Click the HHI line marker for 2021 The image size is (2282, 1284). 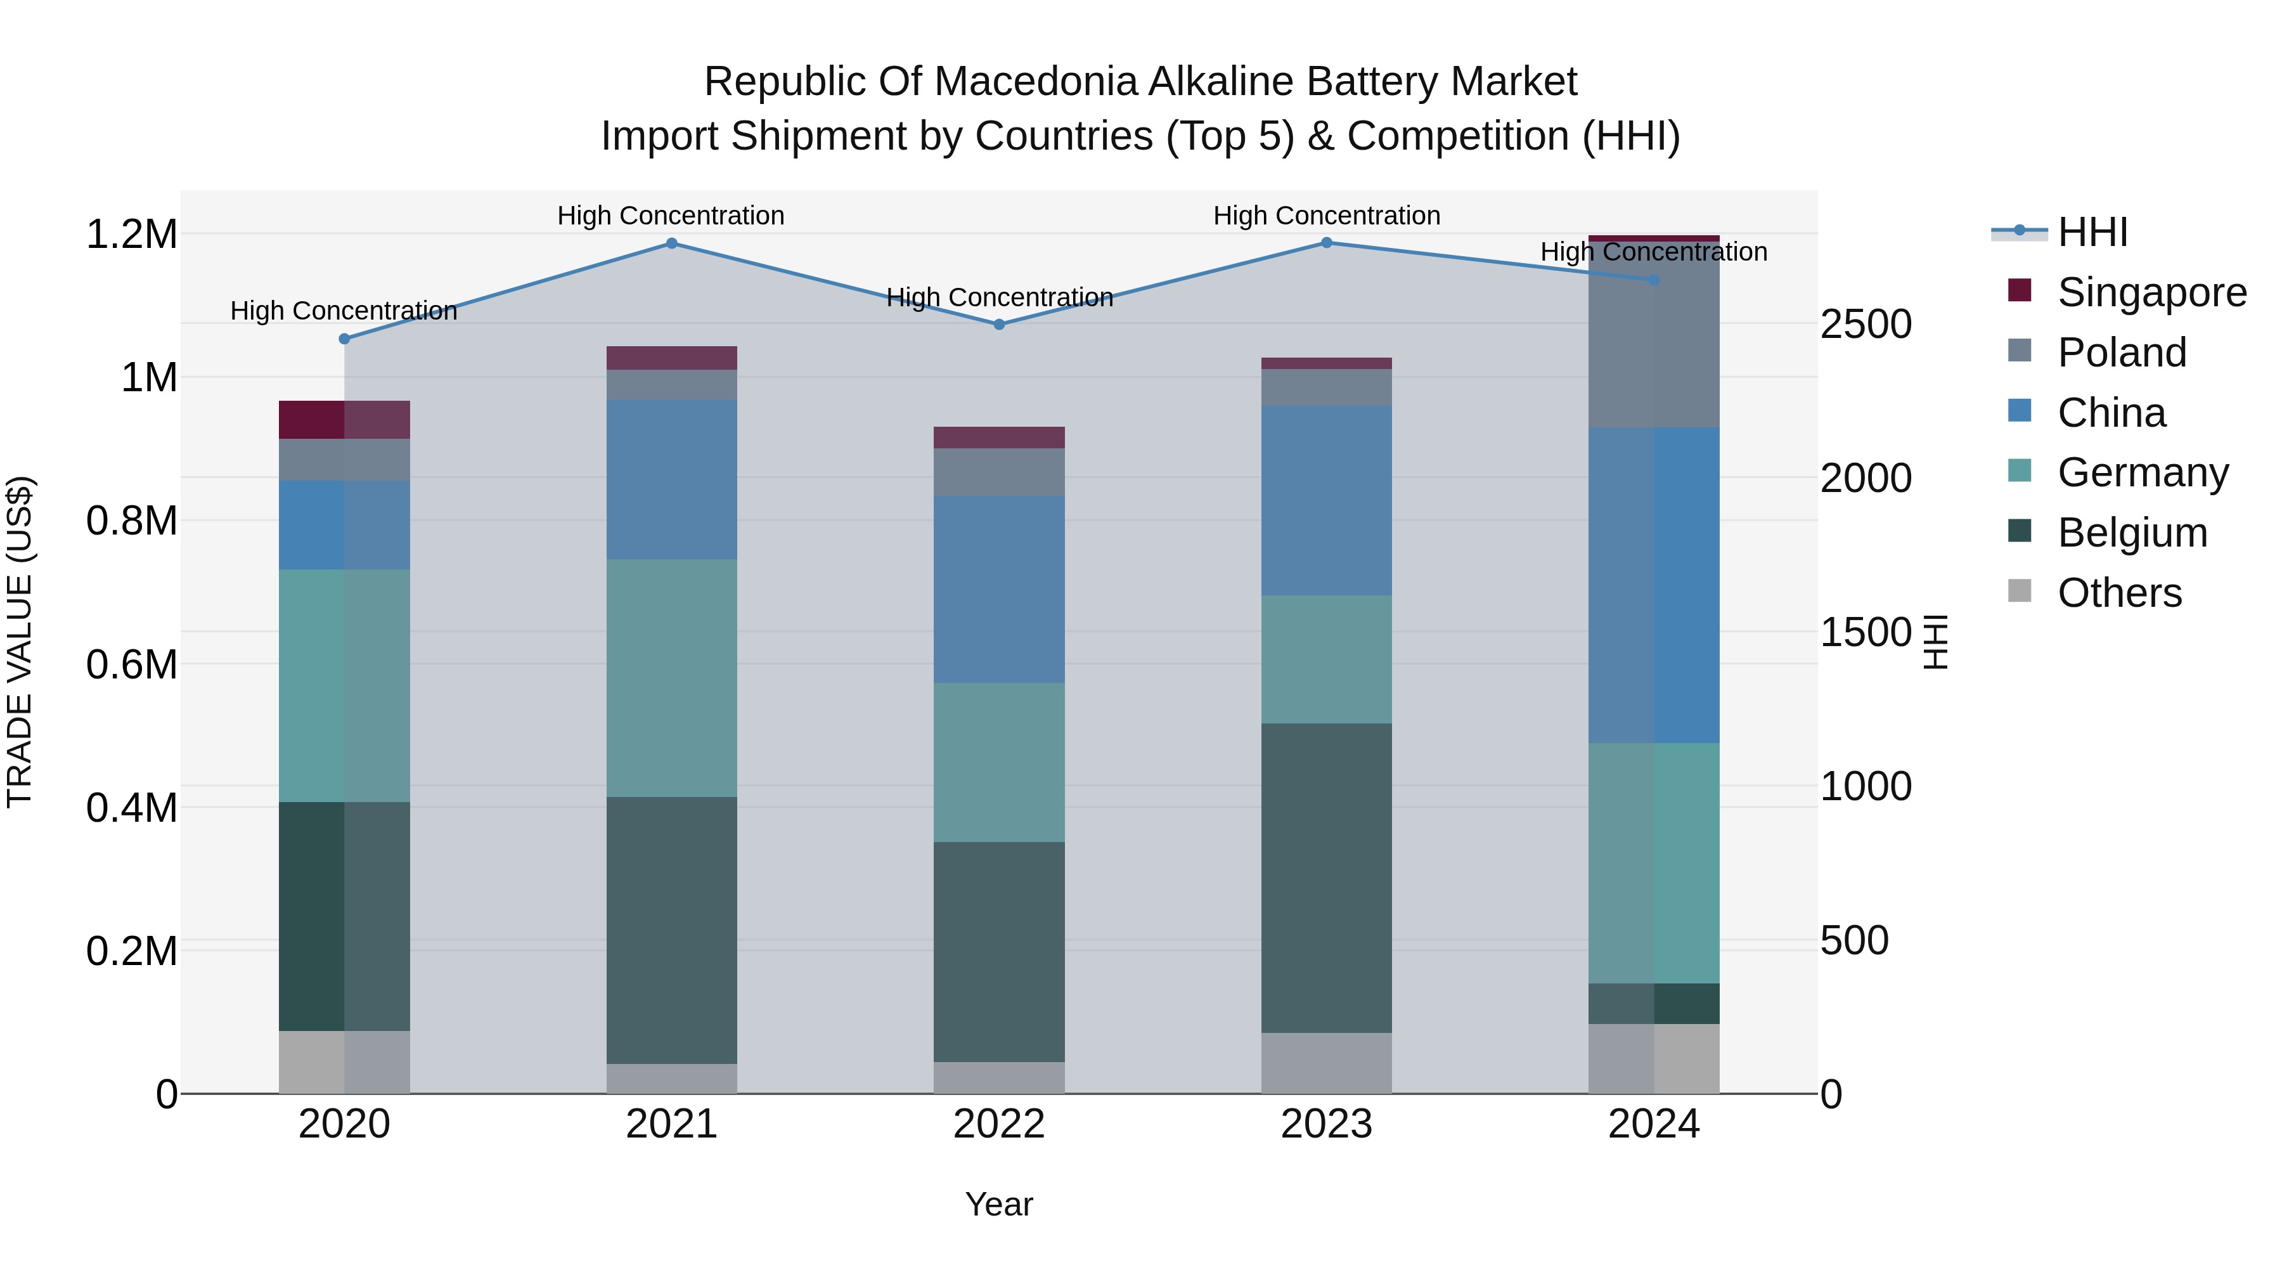pyautogui.click(x=671, y=243)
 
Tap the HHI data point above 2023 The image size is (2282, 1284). pyautogui.click(x=1326, y=243)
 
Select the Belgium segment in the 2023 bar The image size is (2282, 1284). pyautogui.click(x=1326, y=878)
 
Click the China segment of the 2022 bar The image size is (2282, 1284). pyautogui.click(x=999, y=589)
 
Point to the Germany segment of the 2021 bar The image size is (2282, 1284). pyautogui.click(x=671, y=678)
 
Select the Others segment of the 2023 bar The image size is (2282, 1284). pyautogui.click(x=1326, y=1063)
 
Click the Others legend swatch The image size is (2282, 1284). pyautogui.click(x=2020, y=591)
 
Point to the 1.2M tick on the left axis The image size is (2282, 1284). pyautogui.click(x=132, y=235)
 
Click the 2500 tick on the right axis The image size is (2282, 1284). pyautogui.click(x=1866, y=324)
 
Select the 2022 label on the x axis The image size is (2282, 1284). pyautogui.click(x=999, y=1124)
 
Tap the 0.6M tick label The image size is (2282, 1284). pyautogui.click(x=132, y=665)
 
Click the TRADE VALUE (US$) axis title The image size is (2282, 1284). pyautogui.click(x=20, y=642)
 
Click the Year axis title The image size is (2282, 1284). pyautogui.click(x=999, y=1204)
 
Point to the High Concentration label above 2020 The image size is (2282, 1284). pyautogui.click(x=344, y=311)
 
